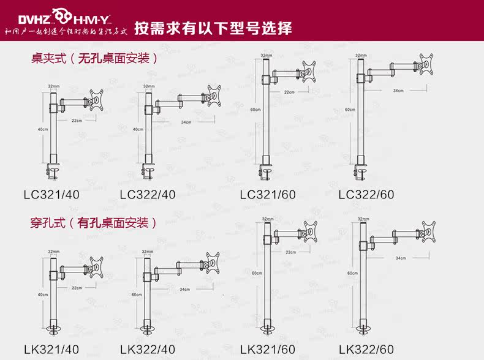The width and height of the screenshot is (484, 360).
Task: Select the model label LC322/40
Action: (148, 195)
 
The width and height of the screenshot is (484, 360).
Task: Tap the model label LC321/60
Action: (268, 195)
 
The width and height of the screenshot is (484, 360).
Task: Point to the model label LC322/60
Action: (366, 195)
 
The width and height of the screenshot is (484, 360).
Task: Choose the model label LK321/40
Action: (51, 350)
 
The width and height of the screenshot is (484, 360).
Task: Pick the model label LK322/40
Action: (148, 350)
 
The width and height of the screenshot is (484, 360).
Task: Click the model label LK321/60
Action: (268, 350)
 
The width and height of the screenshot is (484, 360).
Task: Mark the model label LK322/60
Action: (366, 350)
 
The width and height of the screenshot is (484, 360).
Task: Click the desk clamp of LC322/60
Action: (363, 173)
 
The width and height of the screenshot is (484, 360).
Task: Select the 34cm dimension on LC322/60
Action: (399, 90)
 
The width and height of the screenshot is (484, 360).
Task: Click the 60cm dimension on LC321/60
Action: (254, 110)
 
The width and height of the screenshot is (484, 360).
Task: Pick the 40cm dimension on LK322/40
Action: (137, 294)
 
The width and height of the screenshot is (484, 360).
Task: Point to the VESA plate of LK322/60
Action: (426, 231)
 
